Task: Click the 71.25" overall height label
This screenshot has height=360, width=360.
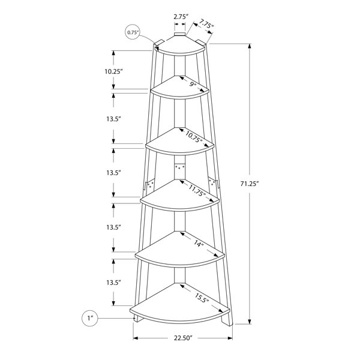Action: tap(250, 184)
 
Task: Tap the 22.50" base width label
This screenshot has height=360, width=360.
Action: tap(182, 338)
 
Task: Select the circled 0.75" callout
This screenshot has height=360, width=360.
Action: tap(132, 32)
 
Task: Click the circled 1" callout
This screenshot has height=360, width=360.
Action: tap(90, 318)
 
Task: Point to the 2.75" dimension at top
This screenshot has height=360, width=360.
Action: tap(181, 17)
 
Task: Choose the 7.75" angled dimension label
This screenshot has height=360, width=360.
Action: tap(206, 24)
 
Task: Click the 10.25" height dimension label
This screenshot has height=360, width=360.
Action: tap(113, 71)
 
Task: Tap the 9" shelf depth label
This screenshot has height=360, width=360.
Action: tap(193, 84)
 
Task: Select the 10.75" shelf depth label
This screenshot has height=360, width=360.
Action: tap(194, 137)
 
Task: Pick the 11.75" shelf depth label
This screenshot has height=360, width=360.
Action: tap(197, 190)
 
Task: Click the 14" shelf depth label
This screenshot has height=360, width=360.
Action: tap(199, 244)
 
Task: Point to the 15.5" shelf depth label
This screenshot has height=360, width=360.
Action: tap(202, 298)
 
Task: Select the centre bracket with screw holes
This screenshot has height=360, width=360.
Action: tap(180, 168)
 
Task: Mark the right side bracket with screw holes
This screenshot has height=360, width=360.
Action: tap(213, 183)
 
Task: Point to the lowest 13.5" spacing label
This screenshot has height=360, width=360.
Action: tap(113, 283)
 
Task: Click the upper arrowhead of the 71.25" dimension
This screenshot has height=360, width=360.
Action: tap(250, 46)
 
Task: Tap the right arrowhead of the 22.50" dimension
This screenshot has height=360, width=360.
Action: tap(230, 338)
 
